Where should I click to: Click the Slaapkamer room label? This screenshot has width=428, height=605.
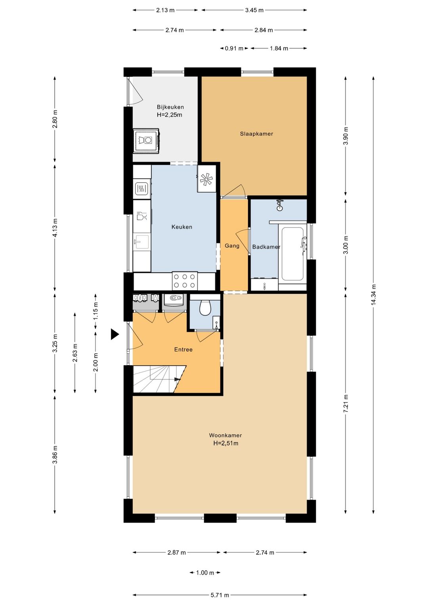pos(256,134)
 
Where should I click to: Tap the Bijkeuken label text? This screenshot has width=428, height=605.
pos(170,107)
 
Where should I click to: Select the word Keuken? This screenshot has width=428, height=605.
pos(182,227)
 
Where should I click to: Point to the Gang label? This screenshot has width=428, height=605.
pos(232,246)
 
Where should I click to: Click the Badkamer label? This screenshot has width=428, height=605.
pos(266,247)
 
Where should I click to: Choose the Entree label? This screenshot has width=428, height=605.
pos(183,350)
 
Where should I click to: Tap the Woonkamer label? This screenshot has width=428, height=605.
pos(225,435)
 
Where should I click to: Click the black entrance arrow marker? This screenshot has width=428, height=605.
pos(115,334)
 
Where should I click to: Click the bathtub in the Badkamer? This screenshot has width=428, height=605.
pos(292,254)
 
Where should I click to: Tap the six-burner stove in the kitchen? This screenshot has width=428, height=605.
pos(184,281)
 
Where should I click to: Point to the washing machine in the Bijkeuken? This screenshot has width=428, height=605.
pos(146,141)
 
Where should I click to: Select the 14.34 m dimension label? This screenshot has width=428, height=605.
pos(373,295)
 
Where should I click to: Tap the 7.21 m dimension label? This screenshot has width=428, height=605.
pos(346,403)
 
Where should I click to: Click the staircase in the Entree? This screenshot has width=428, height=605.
pos(159,379)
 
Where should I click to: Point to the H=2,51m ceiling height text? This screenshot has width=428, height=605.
pos(226,443)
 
